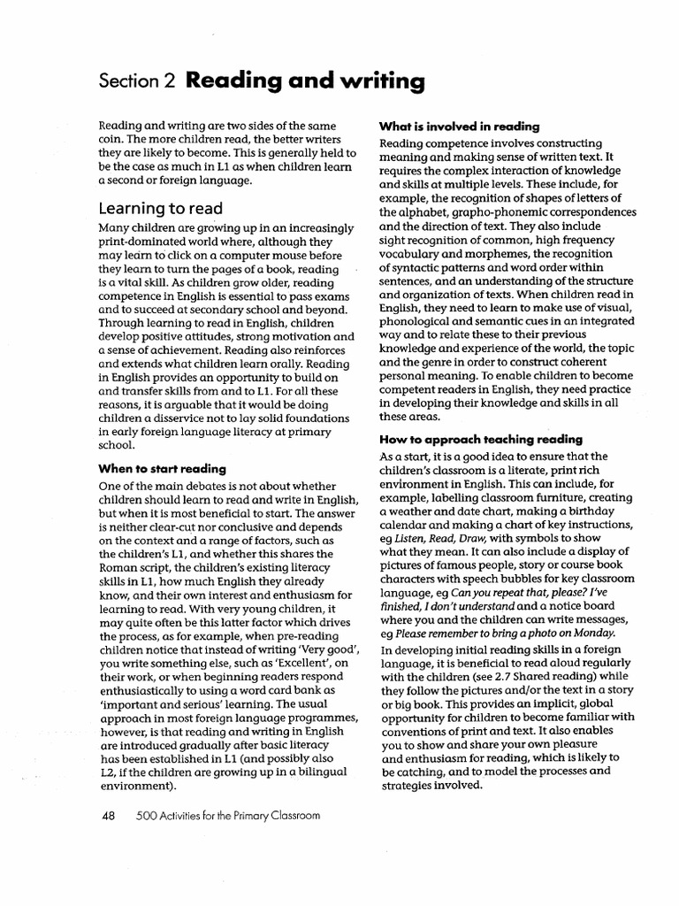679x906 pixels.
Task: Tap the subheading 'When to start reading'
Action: click(x=162, y=468)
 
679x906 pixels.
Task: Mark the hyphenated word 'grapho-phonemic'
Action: click(x=450, y=212)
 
